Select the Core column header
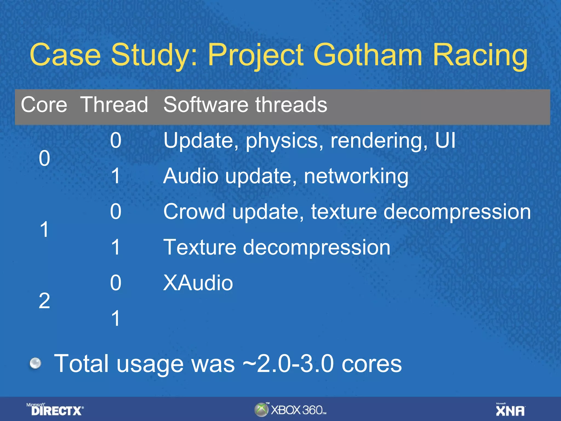click(x=44, y=105)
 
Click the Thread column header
click(x=114, y=105)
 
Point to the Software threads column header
click(x=245, y=105)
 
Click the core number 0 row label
click(x=44, y=158)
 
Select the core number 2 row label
click(x=44, y=301)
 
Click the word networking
click(x=356, y=176)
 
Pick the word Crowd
click(x=194, y=212)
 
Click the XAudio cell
click(x=198, y=283)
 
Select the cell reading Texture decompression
click(x=277, y=247)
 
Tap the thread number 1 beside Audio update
click(x=116, y=176)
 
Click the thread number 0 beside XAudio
click(x=116, y=283)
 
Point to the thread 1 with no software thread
click(x=116, y=318)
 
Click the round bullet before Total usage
click(x=35, y=363)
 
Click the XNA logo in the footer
click(x=510, y=410)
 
